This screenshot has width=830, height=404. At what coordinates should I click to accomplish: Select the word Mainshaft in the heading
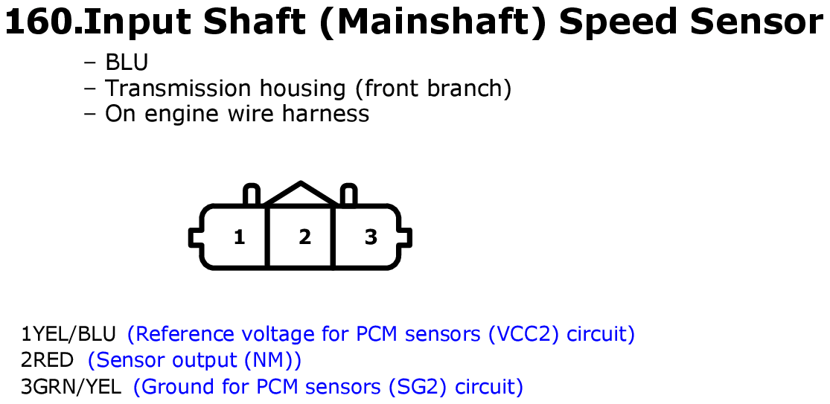point(433,22)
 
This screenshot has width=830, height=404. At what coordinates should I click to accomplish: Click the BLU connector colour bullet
point(127,62)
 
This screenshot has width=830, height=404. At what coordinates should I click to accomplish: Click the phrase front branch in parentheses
point(433,89)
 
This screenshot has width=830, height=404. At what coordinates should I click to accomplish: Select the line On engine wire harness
point(237,114)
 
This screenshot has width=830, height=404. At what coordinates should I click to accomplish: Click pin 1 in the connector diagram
point(239,237)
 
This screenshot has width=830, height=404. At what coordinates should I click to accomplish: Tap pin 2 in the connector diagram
point(304,237)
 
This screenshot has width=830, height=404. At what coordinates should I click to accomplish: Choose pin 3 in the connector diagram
point(371,237)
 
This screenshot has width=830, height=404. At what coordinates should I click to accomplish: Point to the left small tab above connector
point(251,195)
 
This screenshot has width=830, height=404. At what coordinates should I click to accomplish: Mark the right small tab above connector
point(348,195)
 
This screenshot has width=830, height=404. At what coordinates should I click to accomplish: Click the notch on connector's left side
point(195,237)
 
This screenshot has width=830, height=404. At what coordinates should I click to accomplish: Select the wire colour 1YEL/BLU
point(68,334)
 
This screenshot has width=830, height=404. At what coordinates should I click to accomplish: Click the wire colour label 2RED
point(47,360)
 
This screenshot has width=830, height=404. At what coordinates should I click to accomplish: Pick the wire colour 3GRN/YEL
point(71,387)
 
